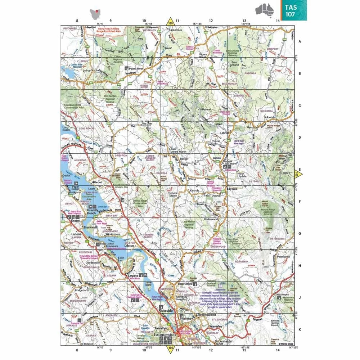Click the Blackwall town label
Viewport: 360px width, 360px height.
pos(90,228)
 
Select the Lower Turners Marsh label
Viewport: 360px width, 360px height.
pos(173,150)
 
